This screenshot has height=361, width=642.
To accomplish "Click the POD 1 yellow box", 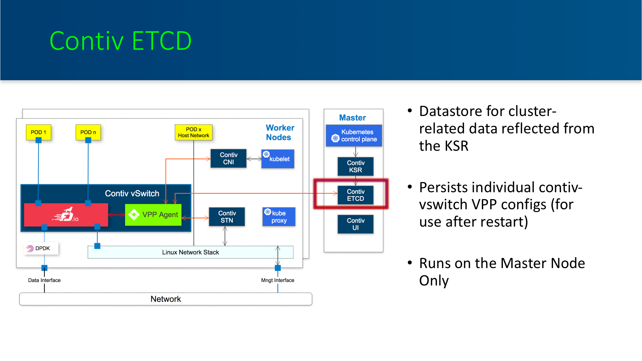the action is click(x=38, y=132).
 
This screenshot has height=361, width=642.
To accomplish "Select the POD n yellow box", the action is click(x=88, y=132).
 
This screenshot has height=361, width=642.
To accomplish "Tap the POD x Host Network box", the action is click(x=194, y=132).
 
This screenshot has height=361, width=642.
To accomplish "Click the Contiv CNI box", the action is click(x=228, y=158).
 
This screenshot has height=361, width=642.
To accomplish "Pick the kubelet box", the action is click(x=278, y=159).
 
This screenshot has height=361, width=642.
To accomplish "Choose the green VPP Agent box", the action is click(x=153, y=215).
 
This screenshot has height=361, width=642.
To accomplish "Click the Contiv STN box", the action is click(x=227, y=217).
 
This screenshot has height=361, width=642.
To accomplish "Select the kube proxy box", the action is click(x=279, y=217).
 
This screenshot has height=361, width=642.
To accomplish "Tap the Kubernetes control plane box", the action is click(x=354, y=136).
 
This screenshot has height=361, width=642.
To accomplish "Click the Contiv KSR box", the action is click(x=355, y=166).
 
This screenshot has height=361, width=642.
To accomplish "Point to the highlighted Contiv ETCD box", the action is click(x=355, y=195).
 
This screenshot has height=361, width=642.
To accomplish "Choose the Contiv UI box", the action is click(x=355, y=224).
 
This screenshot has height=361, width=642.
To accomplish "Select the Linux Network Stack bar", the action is click(x=191, y=252).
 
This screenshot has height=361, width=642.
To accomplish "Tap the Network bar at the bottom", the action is click(x=166, y=299).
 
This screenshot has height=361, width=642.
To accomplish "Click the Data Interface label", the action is click(x=44, y=280).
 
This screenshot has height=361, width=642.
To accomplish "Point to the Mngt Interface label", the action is click(x=278, y=280).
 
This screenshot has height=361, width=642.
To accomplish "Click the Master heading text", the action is click(x=352, y=118).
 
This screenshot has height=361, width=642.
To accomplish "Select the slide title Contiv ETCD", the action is click(x=120, y=41).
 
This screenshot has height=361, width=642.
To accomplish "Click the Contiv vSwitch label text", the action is click(x=132, y=194).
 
